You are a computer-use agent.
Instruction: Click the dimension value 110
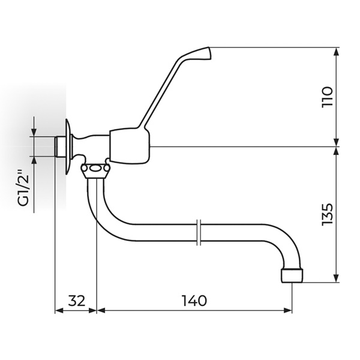[x=326, y=97]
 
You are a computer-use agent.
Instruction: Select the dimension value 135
[x=326, y=214]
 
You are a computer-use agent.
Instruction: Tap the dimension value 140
[x=194, y=301]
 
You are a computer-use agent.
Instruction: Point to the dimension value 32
[x=76, y=301]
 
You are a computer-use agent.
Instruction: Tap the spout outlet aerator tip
[x=292, y=275]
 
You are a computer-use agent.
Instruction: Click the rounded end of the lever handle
[x=205, y=55]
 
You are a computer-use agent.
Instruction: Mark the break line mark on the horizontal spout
[x=199, y=233]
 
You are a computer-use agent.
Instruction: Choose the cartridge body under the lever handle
[x=130, y=145]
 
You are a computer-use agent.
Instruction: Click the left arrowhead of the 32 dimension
[x=58, y=310]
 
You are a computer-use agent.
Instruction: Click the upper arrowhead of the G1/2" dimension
[x=34, y=133]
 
